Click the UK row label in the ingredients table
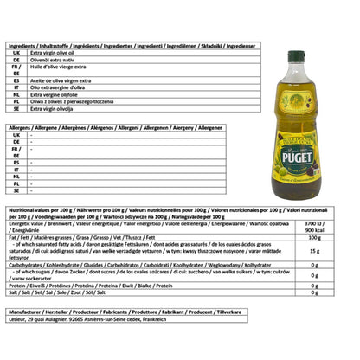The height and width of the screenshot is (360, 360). point(16,53)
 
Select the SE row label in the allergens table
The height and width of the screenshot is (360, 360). point(16,194)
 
